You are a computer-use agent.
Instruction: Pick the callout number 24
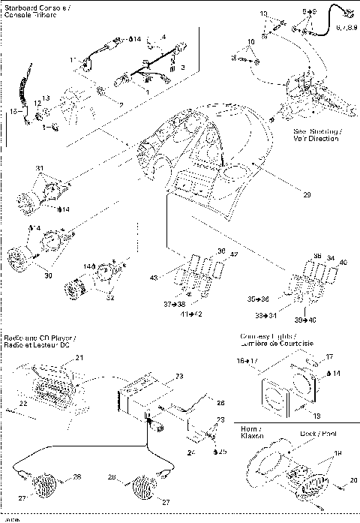(190, 453)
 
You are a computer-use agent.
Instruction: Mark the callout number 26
(221, 403)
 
